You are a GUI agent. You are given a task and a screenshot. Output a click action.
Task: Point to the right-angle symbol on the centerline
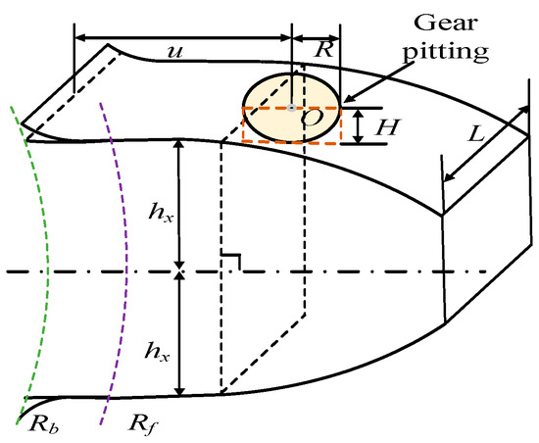(232, 262)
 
